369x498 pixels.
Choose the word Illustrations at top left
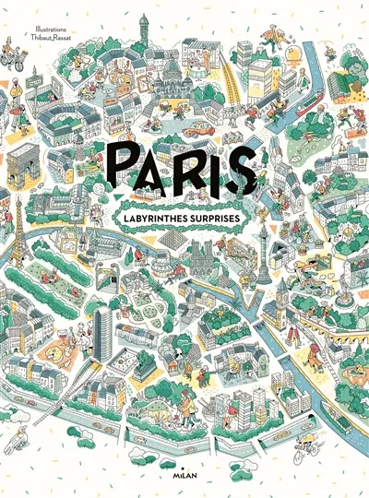41,15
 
